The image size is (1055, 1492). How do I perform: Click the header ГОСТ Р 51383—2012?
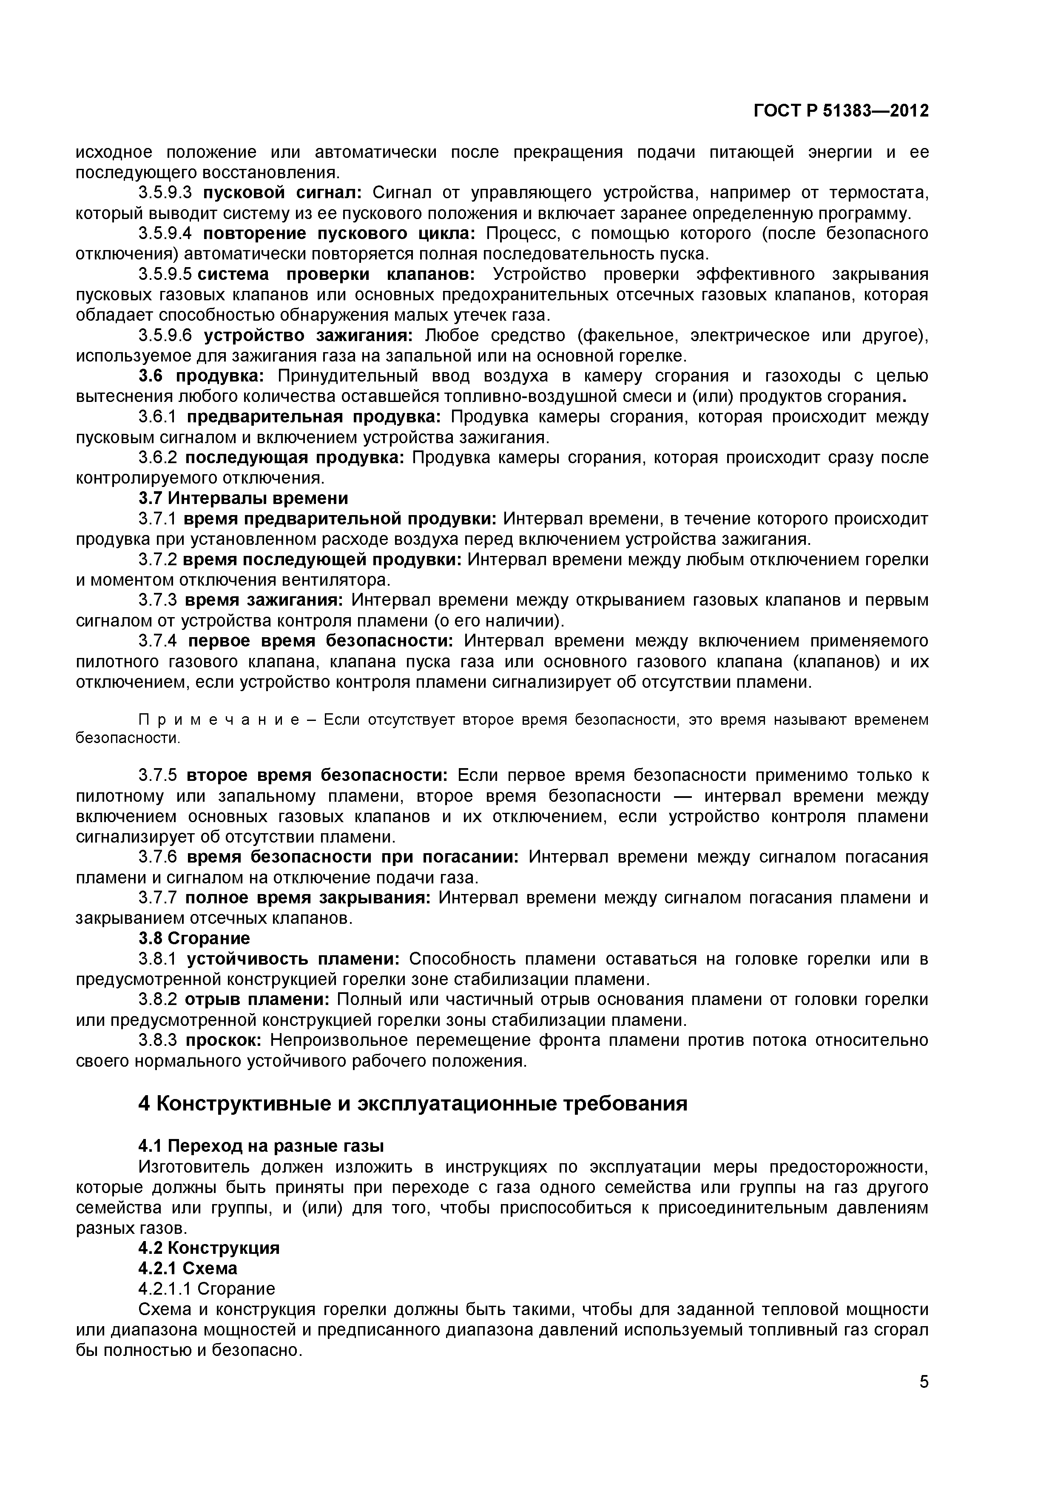[841, 111]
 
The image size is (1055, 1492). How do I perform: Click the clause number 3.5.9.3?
[166, 193]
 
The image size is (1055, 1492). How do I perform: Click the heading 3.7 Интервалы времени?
[243, 498]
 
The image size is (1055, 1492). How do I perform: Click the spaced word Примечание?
[219, 720]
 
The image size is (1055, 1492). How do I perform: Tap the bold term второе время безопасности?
[317, 775]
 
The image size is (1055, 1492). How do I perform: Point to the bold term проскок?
[224, 1040]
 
